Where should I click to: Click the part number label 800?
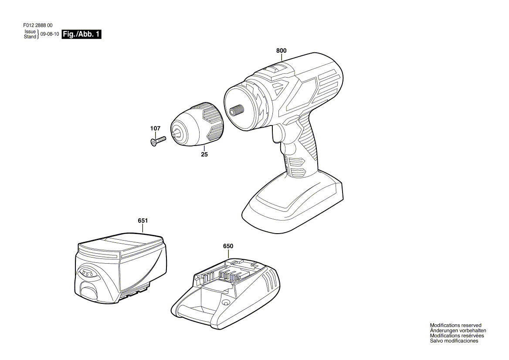coord(282,51)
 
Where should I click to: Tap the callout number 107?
coord(155,129)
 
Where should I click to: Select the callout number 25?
coord(204,155)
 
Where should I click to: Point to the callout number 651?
coord(143,221)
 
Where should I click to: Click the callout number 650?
coord(228,246)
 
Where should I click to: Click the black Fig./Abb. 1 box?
coord(81,34)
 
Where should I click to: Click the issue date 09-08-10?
coord(50,34)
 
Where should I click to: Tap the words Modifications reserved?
coord(455,326)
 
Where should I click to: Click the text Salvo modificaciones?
coord(454,341)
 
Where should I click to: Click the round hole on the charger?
coord(225,302)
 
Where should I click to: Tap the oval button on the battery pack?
coord(87,274)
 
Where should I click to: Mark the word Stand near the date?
coord(30,37)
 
